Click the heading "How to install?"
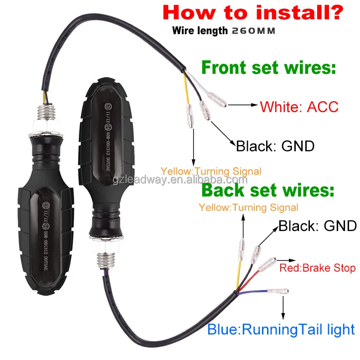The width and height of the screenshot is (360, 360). [x=253, y=12]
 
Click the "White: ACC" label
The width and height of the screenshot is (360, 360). [x=299, y=107]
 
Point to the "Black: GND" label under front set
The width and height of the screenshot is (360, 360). [x=275, y=146]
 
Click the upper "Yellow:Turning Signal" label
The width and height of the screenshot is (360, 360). [x=211, y=171]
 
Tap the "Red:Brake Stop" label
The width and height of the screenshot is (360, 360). [x=317, y=267]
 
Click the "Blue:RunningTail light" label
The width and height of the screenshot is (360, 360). [x=281, y=329]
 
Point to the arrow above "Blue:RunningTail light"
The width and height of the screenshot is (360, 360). [x=283, y=308]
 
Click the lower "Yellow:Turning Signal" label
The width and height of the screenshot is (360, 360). [x=248, y=208]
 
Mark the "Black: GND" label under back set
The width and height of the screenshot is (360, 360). [x=317, y=226]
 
